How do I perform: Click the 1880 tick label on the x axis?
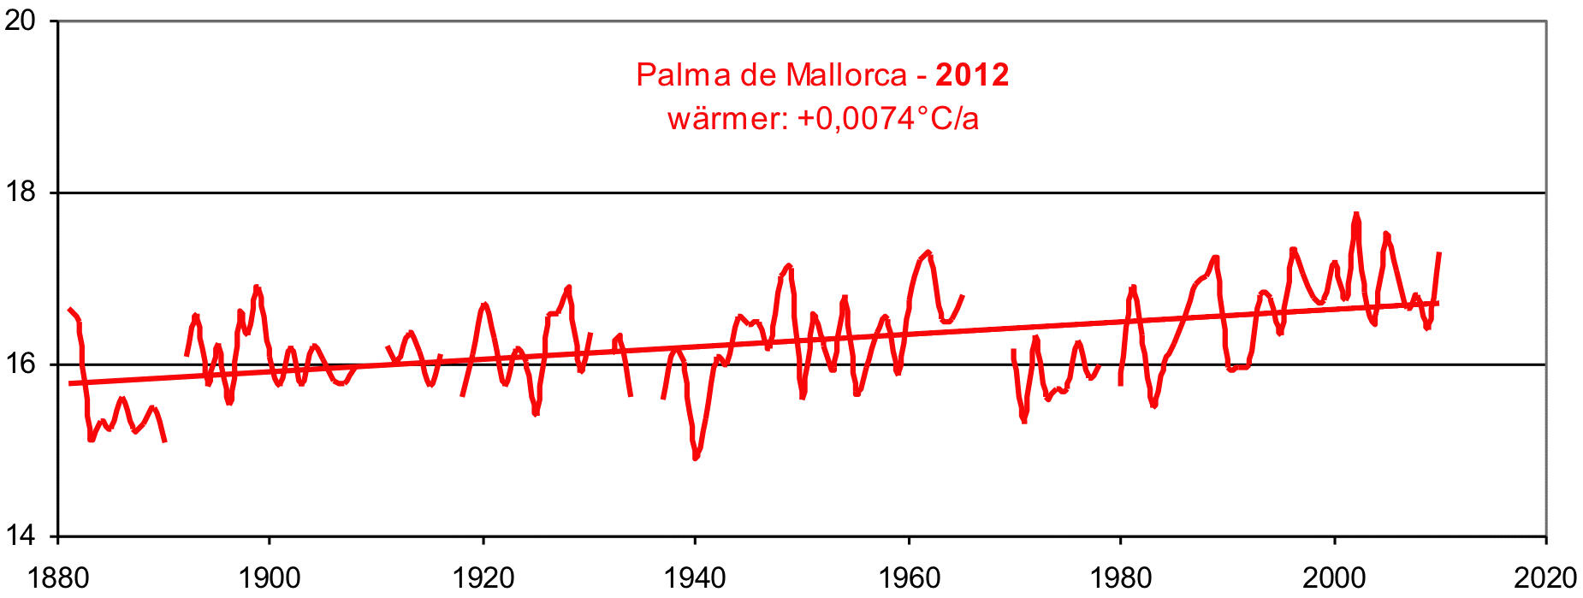click(58, 578)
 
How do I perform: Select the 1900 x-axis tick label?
click(270, 578)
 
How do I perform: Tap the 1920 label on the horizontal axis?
click(483, 578)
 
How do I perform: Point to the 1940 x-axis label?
click(695, 578)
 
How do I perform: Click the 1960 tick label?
click(909, 578)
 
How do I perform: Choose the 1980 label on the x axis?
click(1121, 578)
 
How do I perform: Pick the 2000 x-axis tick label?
click(1334, 578)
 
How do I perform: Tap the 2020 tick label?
click(1545, 578)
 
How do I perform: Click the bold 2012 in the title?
click(972, 75)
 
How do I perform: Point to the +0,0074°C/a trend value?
click(887, 118)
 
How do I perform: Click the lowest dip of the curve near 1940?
click(696, 458)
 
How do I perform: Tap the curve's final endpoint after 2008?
click(1440, 253)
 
